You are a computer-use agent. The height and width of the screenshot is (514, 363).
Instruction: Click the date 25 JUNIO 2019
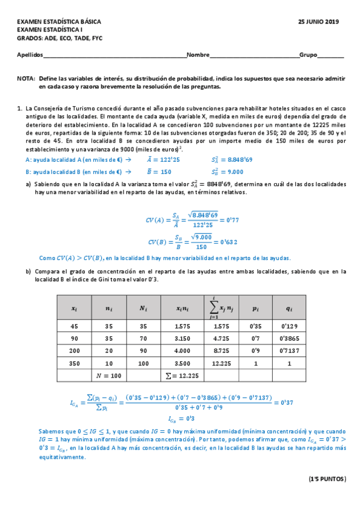pyautogui.click(x=319, y=22)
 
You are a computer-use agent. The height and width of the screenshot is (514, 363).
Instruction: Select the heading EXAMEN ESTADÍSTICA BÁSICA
pyautogui.click(x=59, y=22)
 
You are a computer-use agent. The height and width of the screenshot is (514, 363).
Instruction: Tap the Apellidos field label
pyautogui.click(x=30, y=55)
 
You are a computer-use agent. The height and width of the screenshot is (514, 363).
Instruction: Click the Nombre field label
pyautogui.click(x=198, y=55)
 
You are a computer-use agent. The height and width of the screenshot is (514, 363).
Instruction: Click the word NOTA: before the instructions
pyautogui.click(x=26, y=79)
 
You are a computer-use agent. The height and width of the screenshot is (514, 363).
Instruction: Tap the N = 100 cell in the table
pyautogui.click(x=109, y=376)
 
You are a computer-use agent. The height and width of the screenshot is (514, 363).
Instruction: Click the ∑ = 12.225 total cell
pyautogui.click(x=181, y=376)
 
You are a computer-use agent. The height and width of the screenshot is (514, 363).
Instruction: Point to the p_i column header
pyautogui.click(x=256, y=308)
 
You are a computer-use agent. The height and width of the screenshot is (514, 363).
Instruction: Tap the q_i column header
pyautogui.click(x=289, y=308)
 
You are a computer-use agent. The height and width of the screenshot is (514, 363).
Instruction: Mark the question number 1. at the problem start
pyautogui.click(x=20, y=108)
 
